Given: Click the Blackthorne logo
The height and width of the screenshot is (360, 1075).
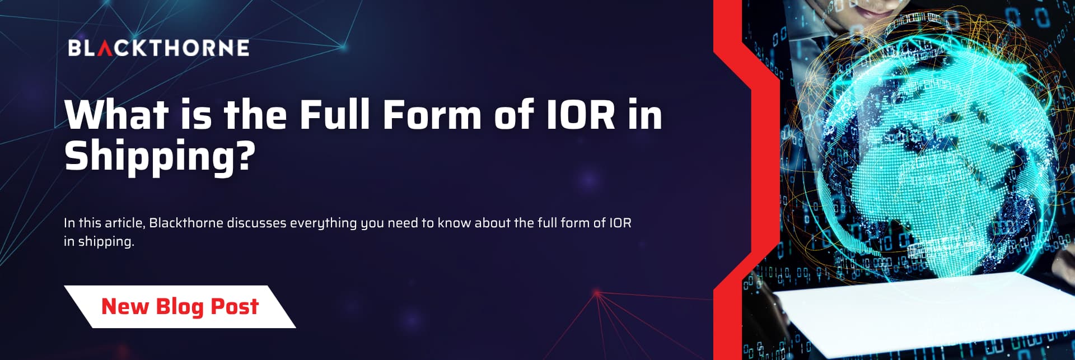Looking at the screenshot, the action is (159, 48).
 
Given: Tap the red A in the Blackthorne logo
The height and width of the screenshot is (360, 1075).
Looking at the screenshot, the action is (105, 48).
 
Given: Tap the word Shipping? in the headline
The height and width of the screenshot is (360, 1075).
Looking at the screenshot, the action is (160, 157).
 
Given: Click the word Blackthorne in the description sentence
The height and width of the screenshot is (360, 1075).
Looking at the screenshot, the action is (186, 223).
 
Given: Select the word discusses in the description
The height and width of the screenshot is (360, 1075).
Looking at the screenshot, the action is (256, 223).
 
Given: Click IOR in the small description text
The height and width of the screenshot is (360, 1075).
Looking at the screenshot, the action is (620, 223).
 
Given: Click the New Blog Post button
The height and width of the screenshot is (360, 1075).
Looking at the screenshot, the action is (180, 307).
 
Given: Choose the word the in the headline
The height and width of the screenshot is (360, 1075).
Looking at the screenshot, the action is (256, 115).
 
